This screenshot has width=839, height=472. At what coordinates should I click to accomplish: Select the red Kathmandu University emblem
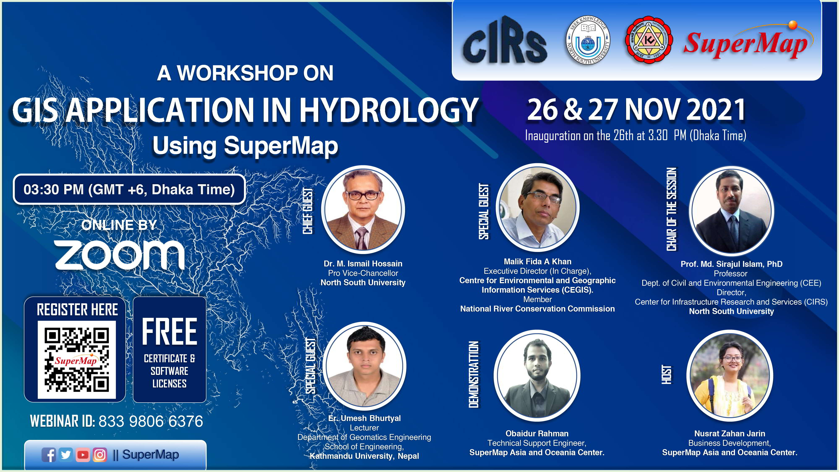[649, 40]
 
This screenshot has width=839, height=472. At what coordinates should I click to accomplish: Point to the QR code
[77, 360]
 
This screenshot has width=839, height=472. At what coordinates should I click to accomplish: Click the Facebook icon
[49, 455]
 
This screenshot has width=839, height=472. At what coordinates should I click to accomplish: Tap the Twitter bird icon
[66, 454]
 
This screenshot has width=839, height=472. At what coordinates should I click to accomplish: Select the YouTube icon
[83, 455]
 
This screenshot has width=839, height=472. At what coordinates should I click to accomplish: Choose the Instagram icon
[100, 455]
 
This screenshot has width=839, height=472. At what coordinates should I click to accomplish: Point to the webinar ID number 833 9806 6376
[151, 421]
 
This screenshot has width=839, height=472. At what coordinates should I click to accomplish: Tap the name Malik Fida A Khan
[537, 262]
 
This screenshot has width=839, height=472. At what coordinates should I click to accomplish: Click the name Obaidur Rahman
[537, 434]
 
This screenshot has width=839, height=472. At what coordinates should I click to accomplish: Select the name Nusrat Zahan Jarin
[730, 434]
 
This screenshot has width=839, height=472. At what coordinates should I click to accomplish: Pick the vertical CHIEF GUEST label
[308, 211]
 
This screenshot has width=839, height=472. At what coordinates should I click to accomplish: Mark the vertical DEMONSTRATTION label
[474, 375]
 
